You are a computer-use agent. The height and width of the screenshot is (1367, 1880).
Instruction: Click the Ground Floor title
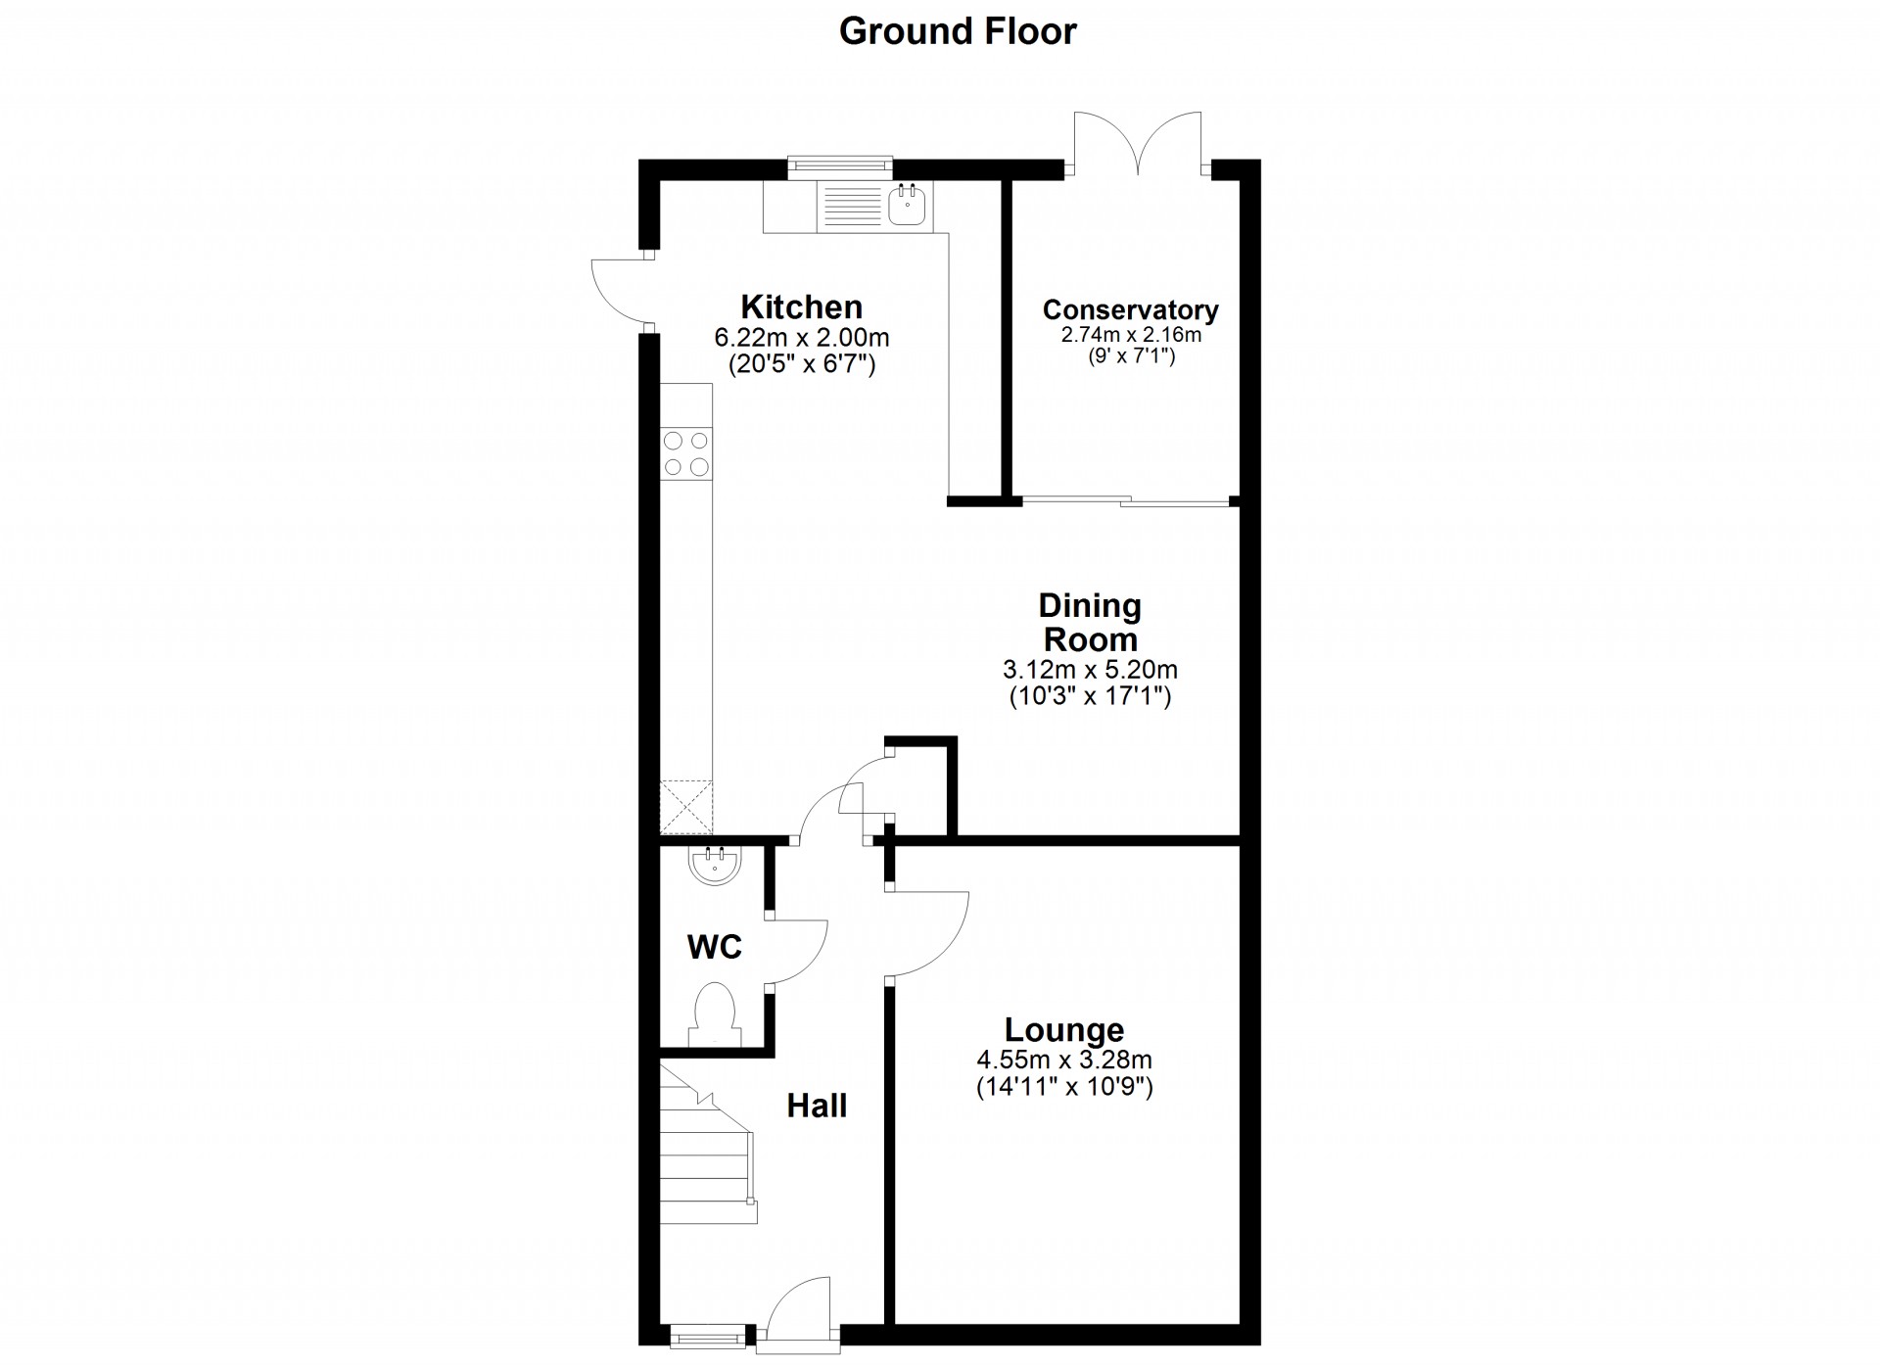pyautogui.click(x=958, y=31)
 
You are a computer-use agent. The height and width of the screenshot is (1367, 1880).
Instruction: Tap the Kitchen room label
pyautogui.click(x=801, y=306)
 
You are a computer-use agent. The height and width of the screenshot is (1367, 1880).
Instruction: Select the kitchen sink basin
pyautogui.click(x=908, y=206)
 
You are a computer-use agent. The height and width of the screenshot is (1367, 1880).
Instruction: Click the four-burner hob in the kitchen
pyautogui.click(x=685, y=453)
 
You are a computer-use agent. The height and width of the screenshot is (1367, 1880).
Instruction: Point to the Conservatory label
pyautogui.click(x=1130, y=309)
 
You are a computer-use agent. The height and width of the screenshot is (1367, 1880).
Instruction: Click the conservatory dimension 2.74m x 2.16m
pyautogui.click(x=1131, y=335)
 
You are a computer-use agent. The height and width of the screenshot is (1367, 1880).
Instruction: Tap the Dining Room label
pyautogui.click(x=1090, y=622)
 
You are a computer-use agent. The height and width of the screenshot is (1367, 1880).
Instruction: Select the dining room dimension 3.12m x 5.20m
pyautogui.click(x=1090, y=670)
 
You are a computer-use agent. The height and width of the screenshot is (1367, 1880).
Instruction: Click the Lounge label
pyautogui.click(x=1064, y=1029)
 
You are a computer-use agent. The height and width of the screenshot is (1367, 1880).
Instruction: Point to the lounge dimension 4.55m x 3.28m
pyautogui.click(x=1064, y=1060)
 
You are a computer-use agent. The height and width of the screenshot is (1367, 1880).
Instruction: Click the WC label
pyautogui.click(x=715, y=947)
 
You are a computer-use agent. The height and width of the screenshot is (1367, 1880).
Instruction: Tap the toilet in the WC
pyautogui.click(x=715, y=1014)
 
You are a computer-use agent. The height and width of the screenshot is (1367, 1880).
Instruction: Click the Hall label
pyautogui.click(x=817, y=1106)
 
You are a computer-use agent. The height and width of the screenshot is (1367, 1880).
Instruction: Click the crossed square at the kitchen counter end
pyautogui.click(x=685, y=806)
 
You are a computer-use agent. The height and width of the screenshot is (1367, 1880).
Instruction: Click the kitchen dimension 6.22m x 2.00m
pyautogui.click(x=801, y=338)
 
